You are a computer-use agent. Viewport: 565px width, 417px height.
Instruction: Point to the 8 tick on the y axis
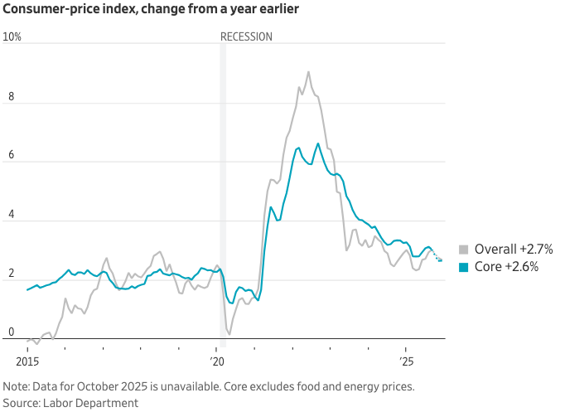(10, 96)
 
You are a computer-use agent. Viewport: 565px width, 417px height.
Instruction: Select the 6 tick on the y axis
(10, 156)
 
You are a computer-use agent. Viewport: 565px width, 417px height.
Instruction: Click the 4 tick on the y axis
(10, 215)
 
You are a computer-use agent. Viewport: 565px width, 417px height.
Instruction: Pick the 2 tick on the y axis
(10, 274)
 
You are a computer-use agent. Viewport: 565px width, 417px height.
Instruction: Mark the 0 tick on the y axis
(10, 332)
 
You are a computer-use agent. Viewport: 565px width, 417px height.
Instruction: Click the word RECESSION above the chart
(246, 37)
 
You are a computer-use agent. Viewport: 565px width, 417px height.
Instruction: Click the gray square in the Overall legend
(464, 250)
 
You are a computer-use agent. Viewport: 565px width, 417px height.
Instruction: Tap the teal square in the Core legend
(464, 267)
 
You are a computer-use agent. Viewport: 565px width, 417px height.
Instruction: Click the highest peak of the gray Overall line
(308, 72)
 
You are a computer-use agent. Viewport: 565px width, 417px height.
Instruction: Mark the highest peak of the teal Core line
(318, 143)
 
